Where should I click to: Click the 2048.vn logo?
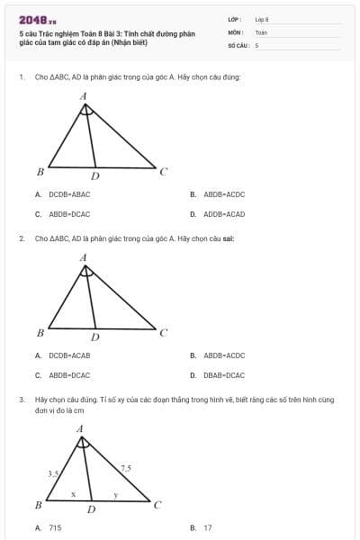click(x=38, y=19)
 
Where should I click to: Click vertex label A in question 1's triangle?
click(x=84, y=95)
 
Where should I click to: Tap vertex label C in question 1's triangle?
click(x=164, y=171)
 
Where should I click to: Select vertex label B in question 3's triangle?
click(x=38, y=505)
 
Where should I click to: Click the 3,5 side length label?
click(x=53, y=472)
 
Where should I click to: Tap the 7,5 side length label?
click(x=125, y=468)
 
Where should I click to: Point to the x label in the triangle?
click(x=74, y=494)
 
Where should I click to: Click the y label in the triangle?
click(x=115, y=494)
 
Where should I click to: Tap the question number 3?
click(x=21, y=398)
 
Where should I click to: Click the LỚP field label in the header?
click(x=233, y=19)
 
